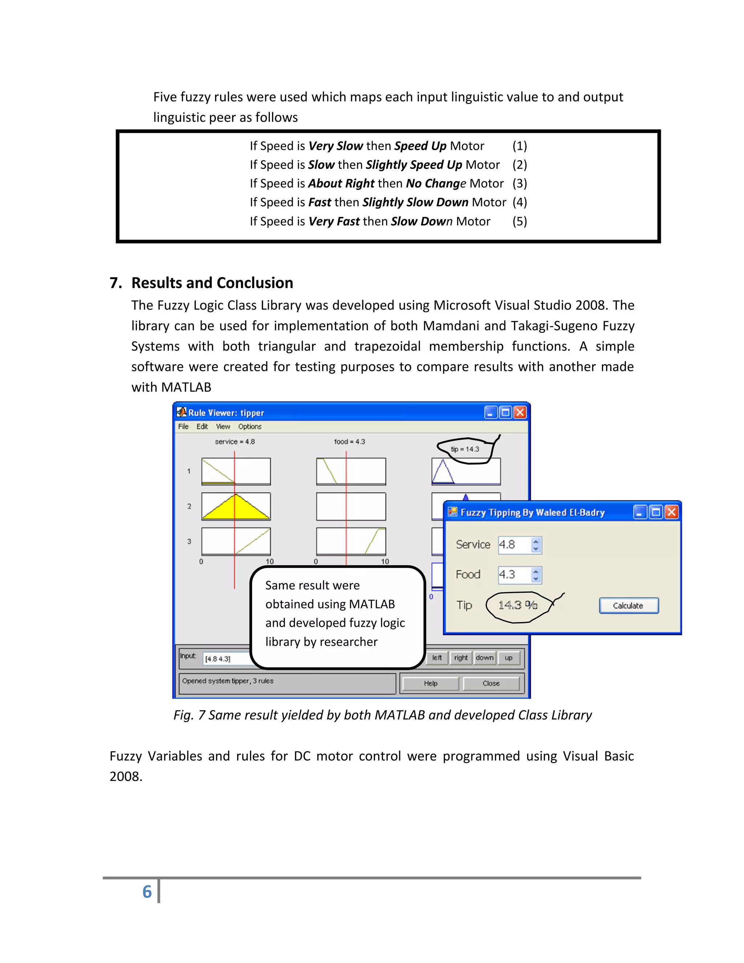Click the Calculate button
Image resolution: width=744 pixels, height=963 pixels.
628,605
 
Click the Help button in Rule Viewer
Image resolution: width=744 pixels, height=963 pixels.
430,683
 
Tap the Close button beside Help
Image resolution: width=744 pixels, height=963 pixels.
490,683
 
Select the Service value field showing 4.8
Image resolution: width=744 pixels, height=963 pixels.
513,545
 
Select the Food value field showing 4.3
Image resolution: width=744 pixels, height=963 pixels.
513,575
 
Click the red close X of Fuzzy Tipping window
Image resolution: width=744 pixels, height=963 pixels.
671,512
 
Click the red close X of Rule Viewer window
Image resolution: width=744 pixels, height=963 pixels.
520,412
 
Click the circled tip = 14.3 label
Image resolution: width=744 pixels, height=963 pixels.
465,449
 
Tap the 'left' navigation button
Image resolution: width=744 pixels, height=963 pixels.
437,657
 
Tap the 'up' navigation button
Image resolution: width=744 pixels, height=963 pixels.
508,657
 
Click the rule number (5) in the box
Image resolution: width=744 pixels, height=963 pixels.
519,221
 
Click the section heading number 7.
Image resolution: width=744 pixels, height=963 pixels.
116,283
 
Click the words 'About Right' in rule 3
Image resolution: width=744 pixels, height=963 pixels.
341,183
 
